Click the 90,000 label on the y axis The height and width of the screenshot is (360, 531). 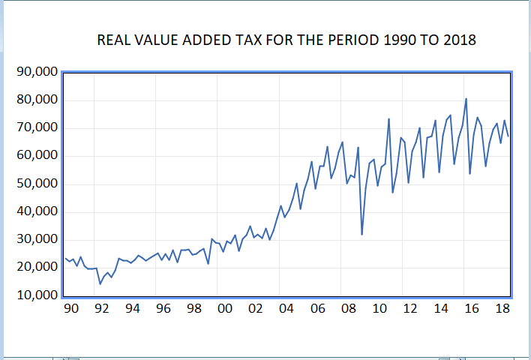(36, 73)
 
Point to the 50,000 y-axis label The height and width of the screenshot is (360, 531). (36, 184)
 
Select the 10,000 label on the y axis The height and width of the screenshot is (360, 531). (36, 295)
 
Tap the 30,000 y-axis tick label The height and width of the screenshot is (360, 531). (36, 239)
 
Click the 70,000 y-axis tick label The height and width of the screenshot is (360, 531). (36, 128)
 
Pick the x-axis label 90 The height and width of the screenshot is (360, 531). (70, 309)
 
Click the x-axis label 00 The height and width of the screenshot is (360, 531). (225, 309)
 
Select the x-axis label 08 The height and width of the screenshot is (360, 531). (347, 309)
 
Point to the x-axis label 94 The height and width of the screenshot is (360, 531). (132, 309)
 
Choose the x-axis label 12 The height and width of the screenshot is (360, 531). (409, 309)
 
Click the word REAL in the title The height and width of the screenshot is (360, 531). (115, 40)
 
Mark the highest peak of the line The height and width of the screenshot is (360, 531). (466, 99)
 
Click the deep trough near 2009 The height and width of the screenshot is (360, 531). (362, 235)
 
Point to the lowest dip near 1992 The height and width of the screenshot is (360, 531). (100, 283)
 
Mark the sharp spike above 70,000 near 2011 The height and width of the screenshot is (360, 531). (388, 118)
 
